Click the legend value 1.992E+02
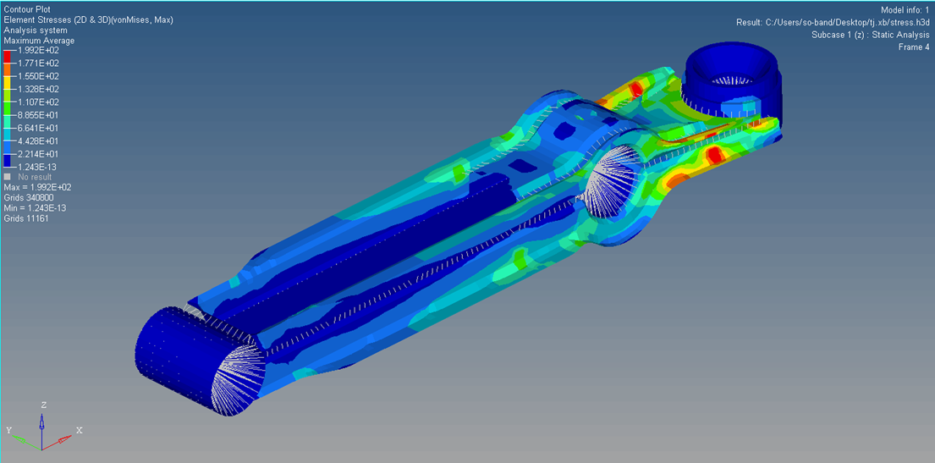(x=39, y=50)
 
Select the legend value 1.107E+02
(x=39, y=102)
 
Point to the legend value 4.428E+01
(x=39, y=141)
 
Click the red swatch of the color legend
(x=8, y=57)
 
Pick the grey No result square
(x=7, y=177)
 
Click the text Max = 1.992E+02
(x=38, y=187)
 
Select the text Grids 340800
(x=26, y=197)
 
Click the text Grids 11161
(x=25, y=218)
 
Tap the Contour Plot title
(x=27, y=9)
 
